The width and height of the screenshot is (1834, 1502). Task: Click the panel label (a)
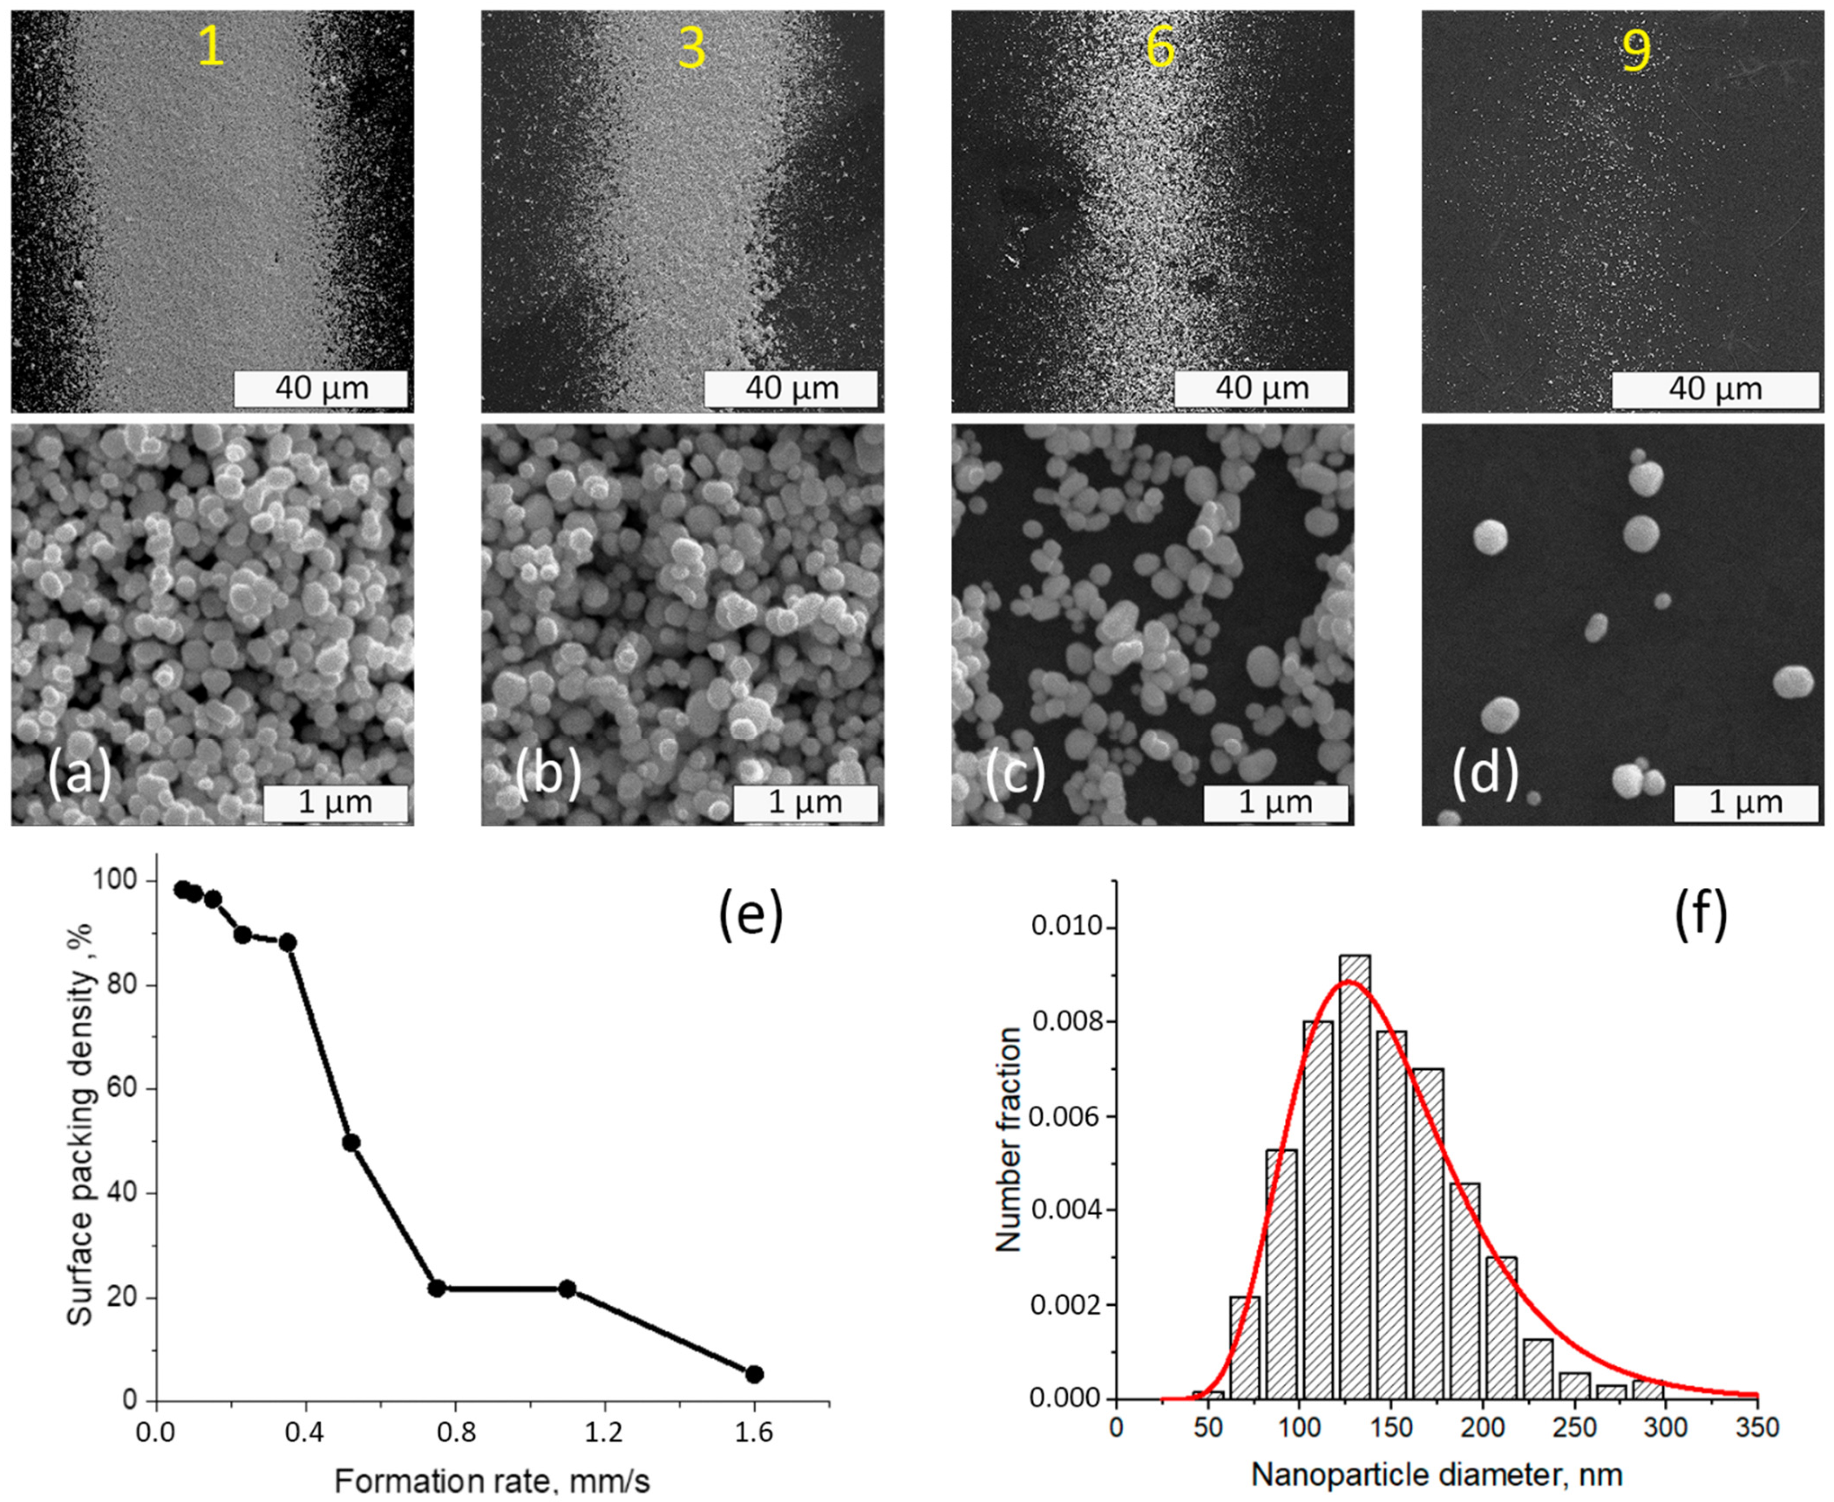point(79,773)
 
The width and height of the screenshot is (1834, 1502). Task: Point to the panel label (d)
point(1484,773)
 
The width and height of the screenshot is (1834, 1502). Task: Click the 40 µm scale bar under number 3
point(791,388)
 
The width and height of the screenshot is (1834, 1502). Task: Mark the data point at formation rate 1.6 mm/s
point(755,1374)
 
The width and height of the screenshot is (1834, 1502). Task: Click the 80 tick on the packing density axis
point(127,986)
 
